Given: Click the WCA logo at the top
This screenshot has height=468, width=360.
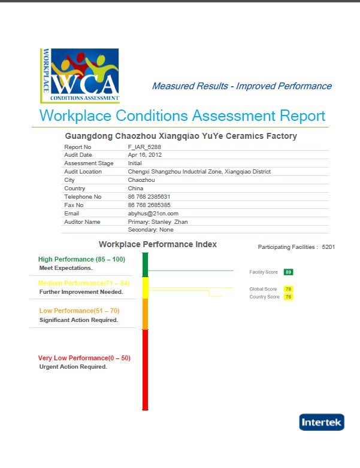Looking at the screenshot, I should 80,75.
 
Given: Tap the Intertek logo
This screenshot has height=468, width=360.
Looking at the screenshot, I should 322,422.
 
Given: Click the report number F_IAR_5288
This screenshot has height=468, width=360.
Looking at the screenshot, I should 144,147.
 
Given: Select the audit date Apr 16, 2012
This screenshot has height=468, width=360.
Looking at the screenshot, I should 146,155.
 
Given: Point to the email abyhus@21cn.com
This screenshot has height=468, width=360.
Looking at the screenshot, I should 153,213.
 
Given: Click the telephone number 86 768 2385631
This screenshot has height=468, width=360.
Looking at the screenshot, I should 149,196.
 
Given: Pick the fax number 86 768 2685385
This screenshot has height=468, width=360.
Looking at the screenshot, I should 149,205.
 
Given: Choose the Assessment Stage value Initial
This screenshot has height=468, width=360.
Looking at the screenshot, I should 135,163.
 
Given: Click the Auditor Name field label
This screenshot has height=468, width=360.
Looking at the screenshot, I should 83,221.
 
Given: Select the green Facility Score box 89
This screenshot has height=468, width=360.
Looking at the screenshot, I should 288,272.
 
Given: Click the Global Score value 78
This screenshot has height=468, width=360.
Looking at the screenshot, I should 288,289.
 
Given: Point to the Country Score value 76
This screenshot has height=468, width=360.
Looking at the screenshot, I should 288,297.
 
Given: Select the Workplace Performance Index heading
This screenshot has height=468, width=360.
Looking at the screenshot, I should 158,244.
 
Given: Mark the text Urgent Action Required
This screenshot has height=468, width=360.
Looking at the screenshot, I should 73,366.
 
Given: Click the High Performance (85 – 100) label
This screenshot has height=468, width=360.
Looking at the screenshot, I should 81,259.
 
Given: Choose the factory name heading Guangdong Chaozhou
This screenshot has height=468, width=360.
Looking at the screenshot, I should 180,136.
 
